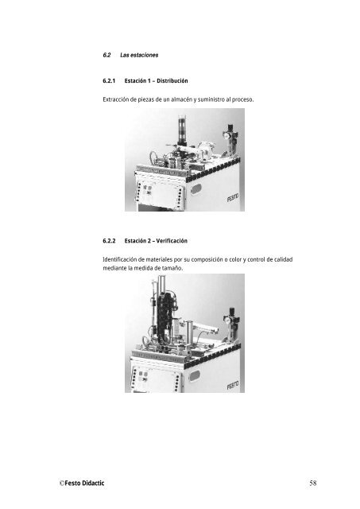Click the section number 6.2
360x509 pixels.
(x=106, y=55)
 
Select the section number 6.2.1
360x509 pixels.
(x=109, y=81)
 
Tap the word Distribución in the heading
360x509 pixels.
(x=172, y=81)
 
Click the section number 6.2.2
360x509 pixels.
(x=109, y=241)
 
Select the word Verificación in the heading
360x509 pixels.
(x=172, y=241)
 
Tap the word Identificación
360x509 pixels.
(x=119, y=260)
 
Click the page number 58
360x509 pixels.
(x=313, y=483)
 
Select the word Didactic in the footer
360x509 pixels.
(x=94, y=483)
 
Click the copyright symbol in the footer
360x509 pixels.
(x=62, y=483)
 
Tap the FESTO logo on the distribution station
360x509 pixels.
(x=233, y=197)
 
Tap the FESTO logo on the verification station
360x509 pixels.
(x=233, y=385)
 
